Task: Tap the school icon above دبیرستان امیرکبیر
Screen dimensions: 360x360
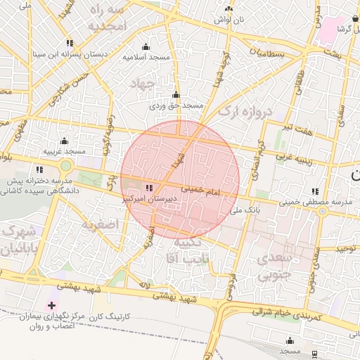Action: (x=148, y=188)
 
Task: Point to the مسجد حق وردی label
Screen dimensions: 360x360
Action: (x=176, y=106)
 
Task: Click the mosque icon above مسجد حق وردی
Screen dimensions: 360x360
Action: (x=176, y=95)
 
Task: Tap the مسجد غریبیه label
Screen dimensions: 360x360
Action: (x=64, y=151)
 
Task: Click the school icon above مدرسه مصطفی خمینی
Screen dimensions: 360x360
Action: (x=314, y=191)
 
